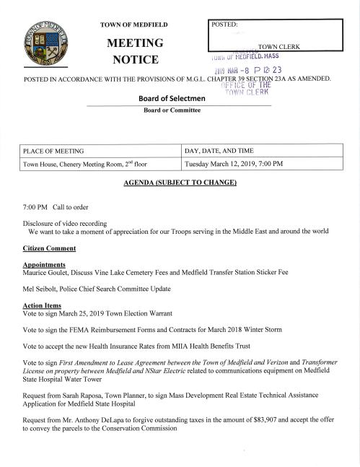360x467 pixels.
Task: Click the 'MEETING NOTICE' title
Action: [x=135, y=50]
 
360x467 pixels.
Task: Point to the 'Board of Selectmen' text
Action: [x=171, y=99]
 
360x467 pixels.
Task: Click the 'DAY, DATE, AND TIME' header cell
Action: [x=219, y=151]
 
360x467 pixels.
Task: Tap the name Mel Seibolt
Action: [x=42, y=289]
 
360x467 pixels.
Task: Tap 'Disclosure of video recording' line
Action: [x=65, y=222]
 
